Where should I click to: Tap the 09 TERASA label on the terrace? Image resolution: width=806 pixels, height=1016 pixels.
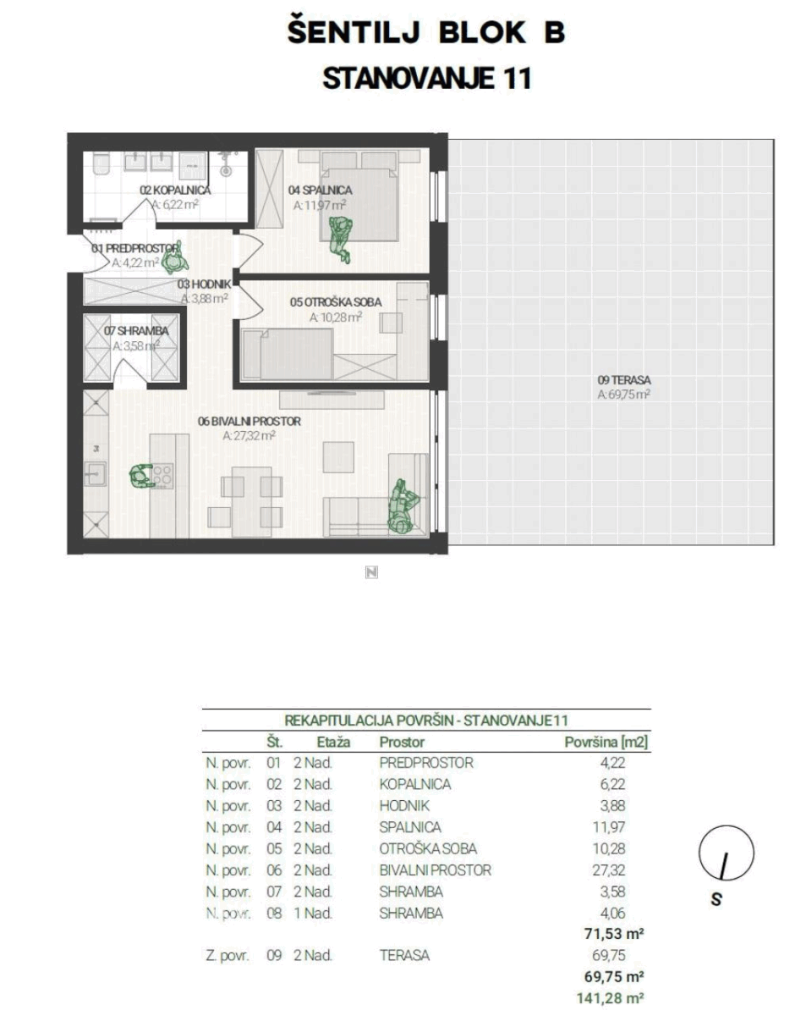point(623,380)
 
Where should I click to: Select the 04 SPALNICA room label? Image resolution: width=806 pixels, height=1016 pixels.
point(320,190)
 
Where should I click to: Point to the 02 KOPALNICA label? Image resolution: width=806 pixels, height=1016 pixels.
point(175,190)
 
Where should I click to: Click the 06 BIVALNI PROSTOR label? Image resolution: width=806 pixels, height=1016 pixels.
point(249,421)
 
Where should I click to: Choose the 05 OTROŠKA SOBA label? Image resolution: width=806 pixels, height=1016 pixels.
point(335,302)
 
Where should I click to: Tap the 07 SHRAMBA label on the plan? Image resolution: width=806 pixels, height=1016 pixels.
point(136,331)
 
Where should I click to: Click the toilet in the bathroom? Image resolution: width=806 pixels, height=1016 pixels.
point(101,165)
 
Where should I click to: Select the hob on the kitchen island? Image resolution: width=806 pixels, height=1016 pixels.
point(162,476)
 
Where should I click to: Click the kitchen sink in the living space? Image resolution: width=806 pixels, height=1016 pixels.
point(95,474)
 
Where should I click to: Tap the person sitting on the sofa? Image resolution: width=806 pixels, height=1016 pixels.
point(403,506)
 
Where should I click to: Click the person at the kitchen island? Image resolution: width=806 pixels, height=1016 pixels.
point(141,476)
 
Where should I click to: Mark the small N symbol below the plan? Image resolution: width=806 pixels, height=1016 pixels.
point(371,572)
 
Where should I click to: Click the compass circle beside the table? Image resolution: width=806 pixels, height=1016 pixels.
point(726,853)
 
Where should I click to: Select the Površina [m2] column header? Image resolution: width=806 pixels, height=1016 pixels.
point(606,742)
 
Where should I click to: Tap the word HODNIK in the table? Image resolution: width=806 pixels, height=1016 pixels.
point(403,805)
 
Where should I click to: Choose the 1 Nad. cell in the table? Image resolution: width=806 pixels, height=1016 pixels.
point(313,913)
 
